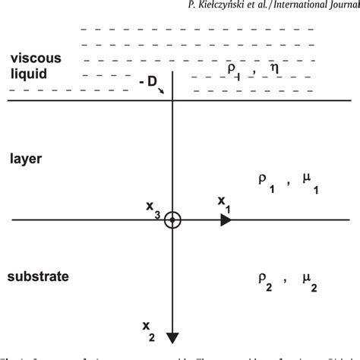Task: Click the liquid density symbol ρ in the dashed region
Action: pos(231,69)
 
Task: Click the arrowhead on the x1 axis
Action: pos(226,220)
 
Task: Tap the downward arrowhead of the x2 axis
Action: pos(173,337)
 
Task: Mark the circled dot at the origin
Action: pos(173,220)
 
